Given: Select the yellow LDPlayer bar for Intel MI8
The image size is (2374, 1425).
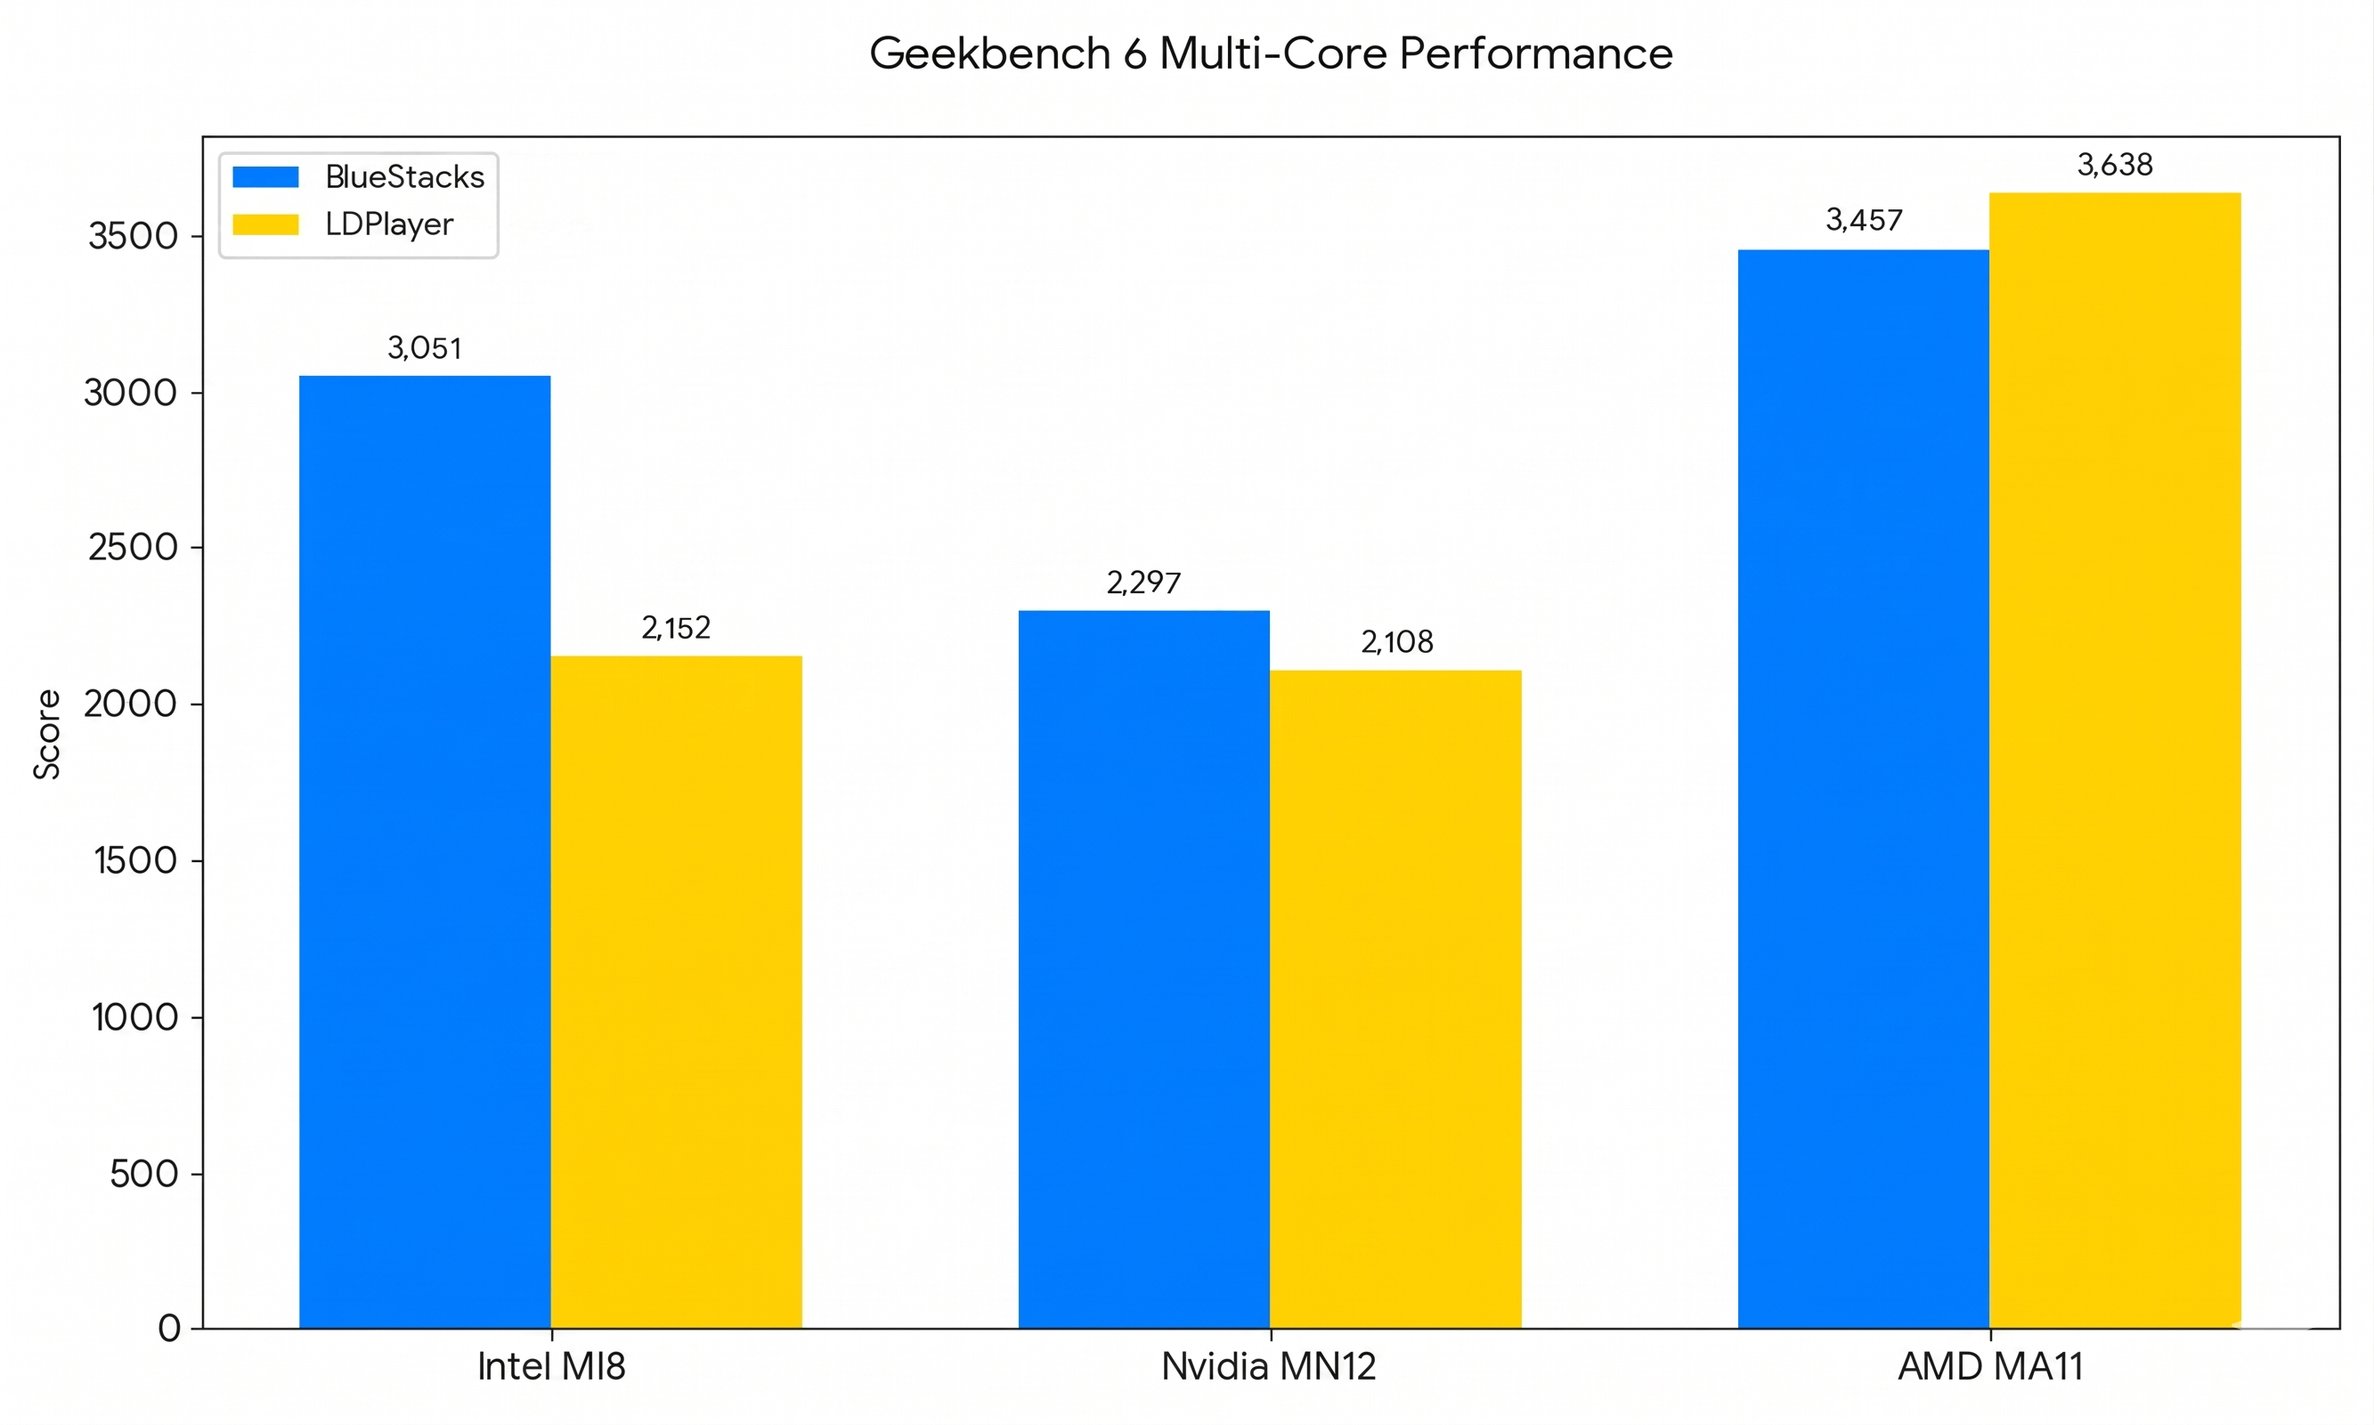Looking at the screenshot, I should (676, 992).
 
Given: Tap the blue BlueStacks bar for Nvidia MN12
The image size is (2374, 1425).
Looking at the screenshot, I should (1143, 969).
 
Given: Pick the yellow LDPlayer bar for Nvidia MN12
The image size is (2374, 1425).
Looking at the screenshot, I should (1394, 998).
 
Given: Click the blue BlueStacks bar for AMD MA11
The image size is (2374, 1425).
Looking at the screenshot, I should (1862, 788).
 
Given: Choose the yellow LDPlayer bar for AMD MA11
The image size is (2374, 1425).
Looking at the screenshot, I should (2114, 760).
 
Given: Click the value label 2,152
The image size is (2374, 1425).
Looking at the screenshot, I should (676, 628).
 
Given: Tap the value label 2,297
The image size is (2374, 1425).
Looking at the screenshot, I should (1143, 582).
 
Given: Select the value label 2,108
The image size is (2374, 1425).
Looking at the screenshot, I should (1395, 641).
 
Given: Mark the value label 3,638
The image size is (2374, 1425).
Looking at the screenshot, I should (2114, 165).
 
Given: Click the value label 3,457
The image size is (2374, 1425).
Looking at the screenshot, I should (1862, 220).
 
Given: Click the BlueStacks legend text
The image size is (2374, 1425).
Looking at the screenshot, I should (404, 176).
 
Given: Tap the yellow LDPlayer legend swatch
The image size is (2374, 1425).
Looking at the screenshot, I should (265, 224).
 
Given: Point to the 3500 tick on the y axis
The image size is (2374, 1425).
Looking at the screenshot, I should (134, 236).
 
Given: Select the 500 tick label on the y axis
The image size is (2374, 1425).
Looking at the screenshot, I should (144, 1174).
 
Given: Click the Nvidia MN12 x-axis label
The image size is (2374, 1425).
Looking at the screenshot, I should (1268, 1366).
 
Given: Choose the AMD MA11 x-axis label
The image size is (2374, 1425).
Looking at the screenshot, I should (1989, 1366).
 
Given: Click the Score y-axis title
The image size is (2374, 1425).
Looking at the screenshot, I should (47, 735).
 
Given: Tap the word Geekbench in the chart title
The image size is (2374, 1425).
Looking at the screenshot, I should (988, 53).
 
